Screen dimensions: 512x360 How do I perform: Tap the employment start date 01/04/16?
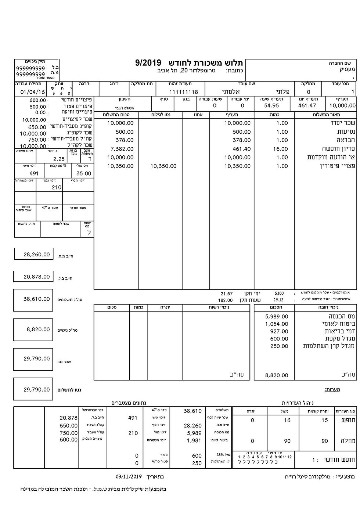33,92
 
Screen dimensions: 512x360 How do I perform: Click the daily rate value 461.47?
307,106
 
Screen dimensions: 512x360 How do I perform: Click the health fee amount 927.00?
279,331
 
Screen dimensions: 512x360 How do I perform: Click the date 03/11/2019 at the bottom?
129,477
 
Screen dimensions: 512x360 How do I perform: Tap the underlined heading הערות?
332,389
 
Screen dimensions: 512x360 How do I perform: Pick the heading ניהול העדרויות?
294,403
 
